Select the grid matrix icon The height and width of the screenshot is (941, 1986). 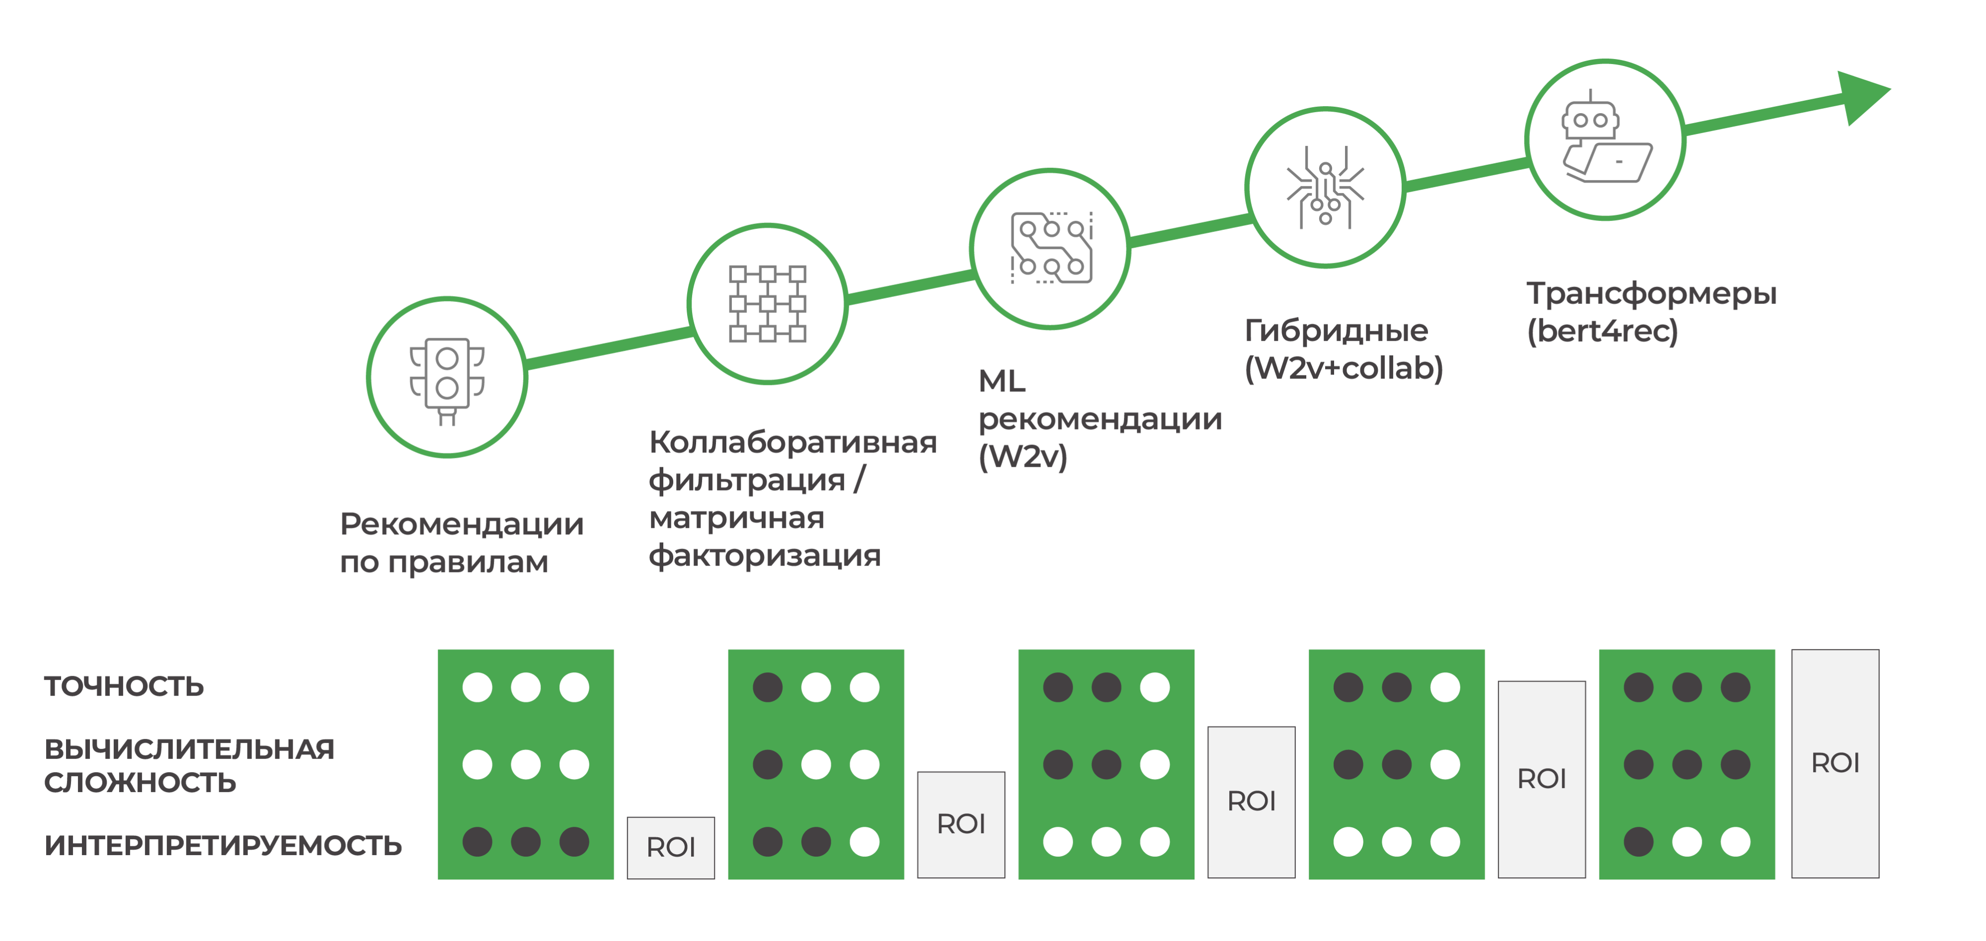(768, 303)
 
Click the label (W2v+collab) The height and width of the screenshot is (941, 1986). (1344, 369)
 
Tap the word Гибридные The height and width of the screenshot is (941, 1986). (1336, 331)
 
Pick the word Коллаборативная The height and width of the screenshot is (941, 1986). (793, 443)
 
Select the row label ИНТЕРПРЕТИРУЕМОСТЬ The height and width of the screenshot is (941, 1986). (223, 846)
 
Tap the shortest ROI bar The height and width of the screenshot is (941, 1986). (671, 848)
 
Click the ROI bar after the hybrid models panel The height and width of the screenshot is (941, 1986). (1541, 779)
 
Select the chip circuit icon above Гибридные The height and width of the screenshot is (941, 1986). (1325, 187)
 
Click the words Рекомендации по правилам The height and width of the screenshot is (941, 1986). (461, 543)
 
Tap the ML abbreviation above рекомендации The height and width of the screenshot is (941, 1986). (1002, 381)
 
